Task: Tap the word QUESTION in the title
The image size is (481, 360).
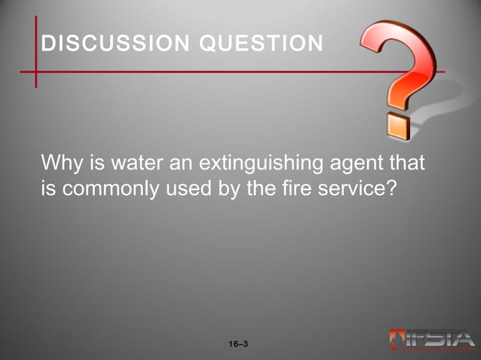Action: pyautogui.click(x=261, y=43)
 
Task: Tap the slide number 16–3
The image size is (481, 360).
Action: pyautogui.click(x=238, y=344)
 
